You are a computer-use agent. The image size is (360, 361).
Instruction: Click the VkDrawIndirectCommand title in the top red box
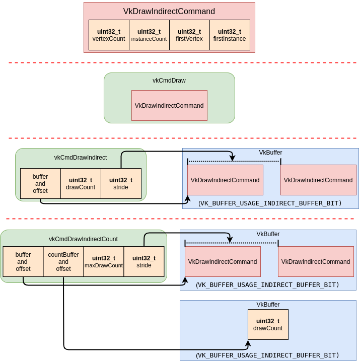pos(169,12)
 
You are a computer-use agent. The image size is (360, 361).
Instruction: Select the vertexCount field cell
pos(109,35)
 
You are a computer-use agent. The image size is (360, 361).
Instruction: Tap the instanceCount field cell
pos(149,35)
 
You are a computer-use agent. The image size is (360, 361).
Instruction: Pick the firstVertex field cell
pos(189,35)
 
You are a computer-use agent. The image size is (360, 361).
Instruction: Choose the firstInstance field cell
pos(230,35)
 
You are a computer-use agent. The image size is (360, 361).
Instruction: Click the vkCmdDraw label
pos(169,81)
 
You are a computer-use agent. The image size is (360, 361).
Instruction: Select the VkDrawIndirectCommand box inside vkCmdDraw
pos(169,106)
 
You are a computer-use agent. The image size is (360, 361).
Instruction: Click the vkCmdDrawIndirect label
pos(81,158)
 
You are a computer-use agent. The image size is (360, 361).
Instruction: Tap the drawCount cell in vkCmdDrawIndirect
pos(81,184)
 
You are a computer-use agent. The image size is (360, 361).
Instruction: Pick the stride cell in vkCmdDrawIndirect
pos(121,184)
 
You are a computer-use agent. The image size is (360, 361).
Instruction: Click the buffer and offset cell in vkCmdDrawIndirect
pos(40,184)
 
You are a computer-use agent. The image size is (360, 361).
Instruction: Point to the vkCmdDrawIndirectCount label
pos(83,239)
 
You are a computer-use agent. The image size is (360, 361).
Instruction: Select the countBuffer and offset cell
pos(63,262)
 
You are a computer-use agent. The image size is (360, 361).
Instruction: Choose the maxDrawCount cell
pos(104,262)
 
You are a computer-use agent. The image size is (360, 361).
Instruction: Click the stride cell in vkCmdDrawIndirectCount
pos(144,262)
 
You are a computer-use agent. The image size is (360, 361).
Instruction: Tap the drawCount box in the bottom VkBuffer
pos(268,325)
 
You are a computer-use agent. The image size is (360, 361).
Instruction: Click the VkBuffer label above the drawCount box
pos(268,305)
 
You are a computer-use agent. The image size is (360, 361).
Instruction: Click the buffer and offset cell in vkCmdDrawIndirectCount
pos(23,262)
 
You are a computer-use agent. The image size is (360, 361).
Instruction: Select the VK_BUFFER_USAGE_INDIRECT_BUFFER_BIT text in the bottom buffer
pos(268,355)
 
